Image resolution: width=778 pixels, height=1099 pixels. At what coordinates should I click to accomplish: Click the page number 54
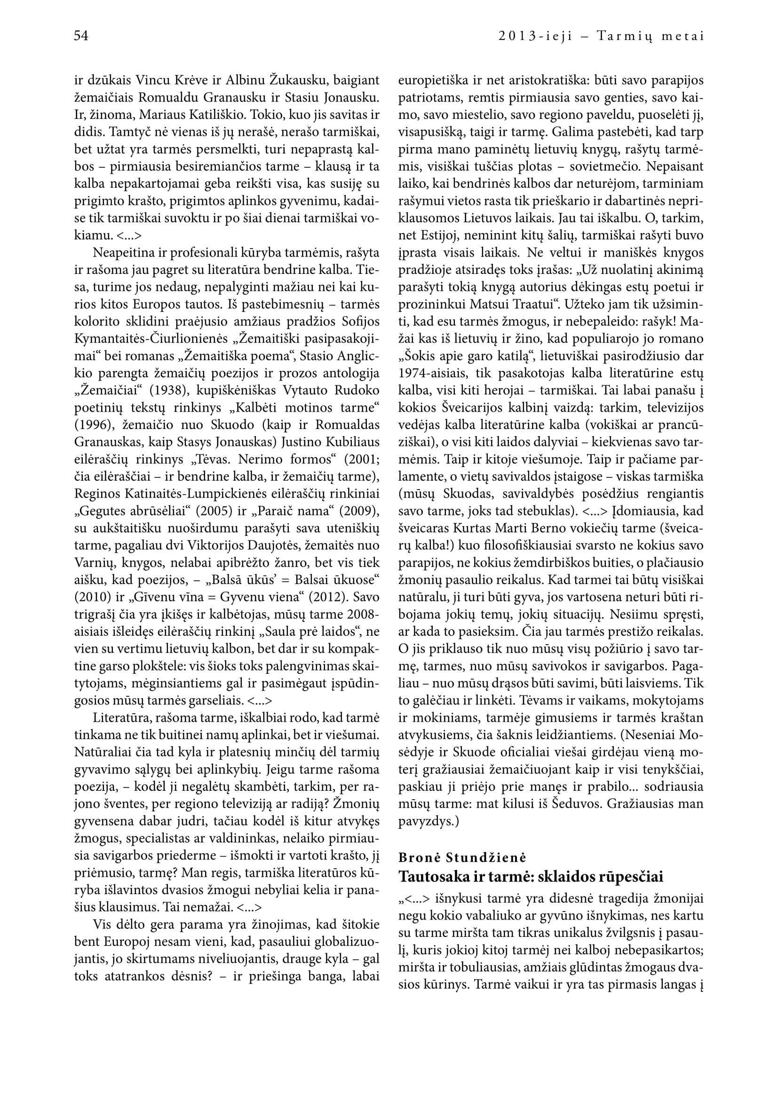(x=81, y=36)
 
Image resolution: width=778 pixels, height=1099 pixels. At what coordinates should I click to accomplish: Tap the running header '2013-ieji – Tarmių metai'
(x=601, y=36)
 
